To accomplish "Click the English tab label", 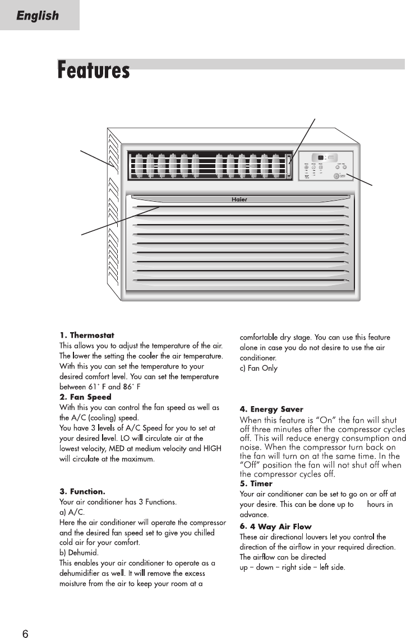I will coord(38,16).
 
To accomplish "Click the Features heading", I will coord(94,71).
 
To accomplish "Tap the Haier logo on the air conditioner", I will coord(239,199).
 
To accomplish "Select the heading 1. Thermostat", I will coord(87,336).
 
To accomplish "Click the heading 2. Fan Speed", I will coord(85,397).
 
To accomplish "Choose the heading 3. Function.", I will coord(82,492).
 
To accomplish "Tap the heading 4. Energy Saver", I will coord(271,409).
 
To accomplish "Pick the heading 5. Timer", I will coord(256,483).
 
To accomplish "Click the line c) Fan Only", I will coord(259,368).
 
